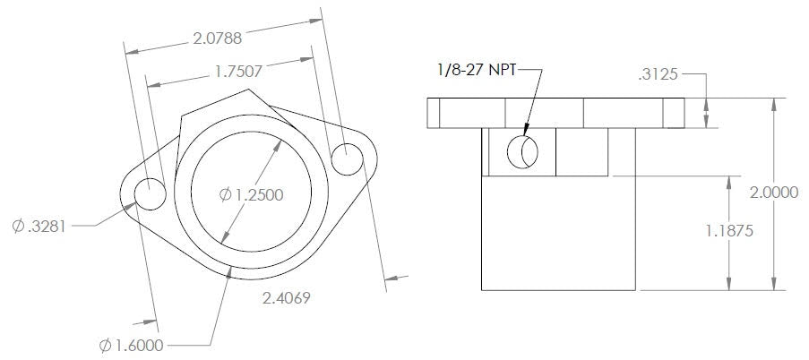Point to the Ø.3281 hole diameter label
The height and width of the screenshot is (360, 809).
point(39,227)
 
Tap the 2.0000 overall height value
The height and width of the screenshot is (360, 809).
point(774,193)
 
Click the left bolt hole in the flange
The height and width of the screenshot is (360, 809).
point(150,194)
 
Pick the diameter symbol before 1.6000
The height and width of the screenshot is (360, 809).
point(106,344)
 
